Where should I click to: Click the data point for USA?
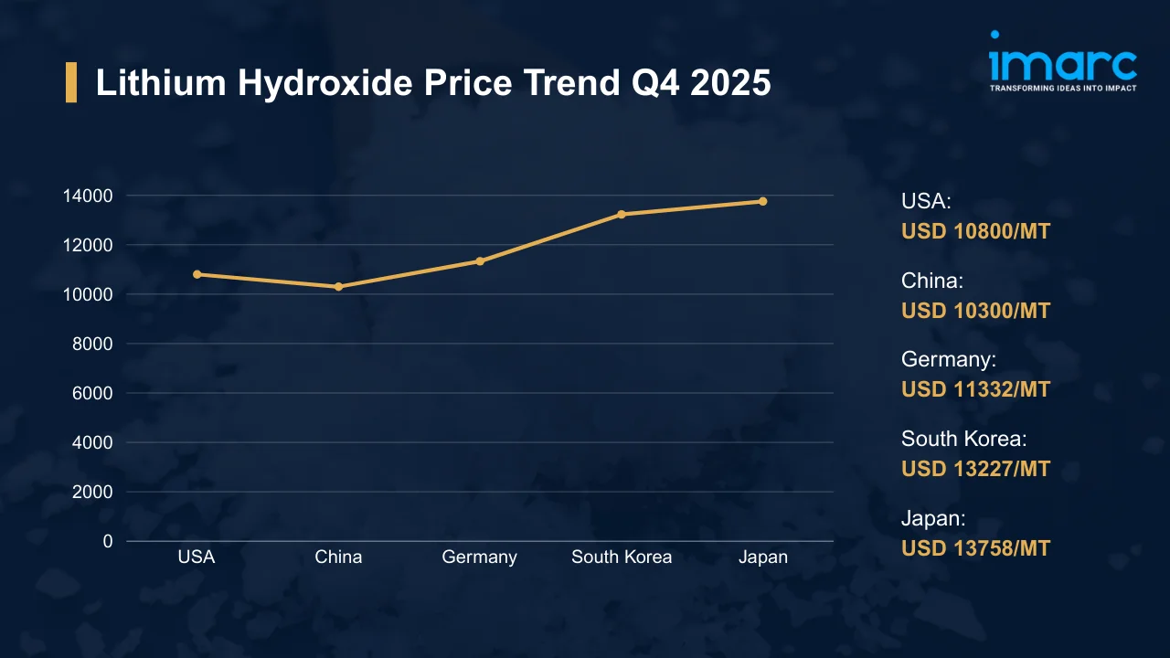click(x=197, y=274)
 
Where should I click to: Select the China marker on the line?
click(x=338, y=286)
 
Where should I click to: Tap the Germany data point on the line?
click(x=480, y=261)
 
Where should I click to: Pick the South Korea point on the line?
click(x=622, y=214)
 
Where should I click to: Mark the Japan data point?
click(x=762, y=201)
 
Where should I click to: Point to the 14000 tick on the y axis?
click(x=88, y=196)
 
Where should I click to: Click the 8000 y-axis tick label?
click(x=92, y=344)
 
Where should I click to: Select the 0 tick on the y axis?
click(x=108, y=541)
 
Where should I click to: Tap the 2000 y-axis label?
click(x=92, y=492)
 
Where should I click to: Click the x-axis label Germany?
click(x=480, y=557)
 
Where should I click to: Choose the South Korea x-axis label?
click(x=622, y=557)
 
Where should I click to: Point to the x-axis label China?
click(x=338, y=557)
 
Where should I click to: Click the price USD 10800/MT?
click(x=975, y=231)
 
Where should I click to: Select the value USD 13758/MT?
click(x=975, y=548)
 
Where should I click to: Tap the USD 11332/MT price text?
click(x=975, y=389)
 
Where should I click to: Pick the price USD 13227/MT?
click(x=975, y=469)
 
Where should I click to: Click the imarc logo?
click(x=1062, y=62)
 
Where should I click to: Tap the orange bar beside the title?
click(x=71, y=83)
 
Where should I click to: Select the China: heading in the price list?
click(x=932, y=281)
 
